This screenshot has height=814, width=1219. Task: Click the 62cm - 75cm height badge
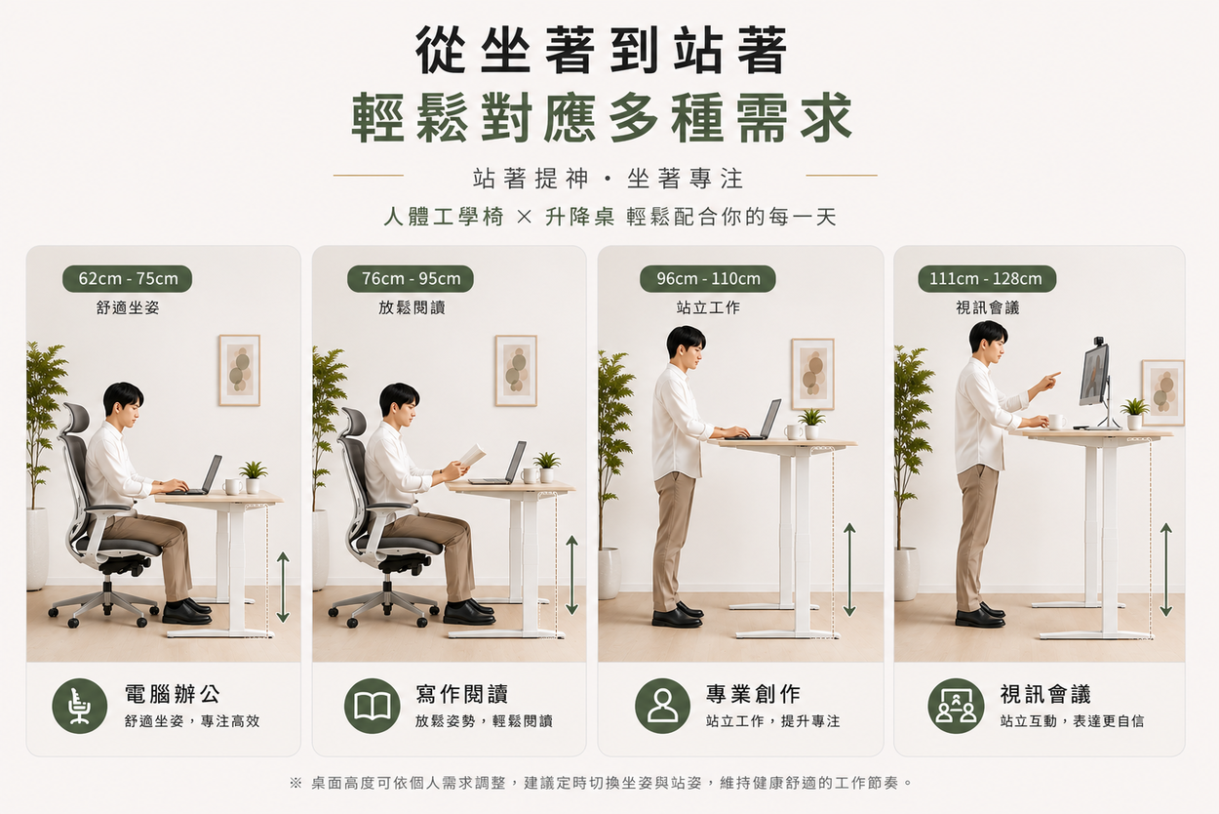click(x=128, y=279)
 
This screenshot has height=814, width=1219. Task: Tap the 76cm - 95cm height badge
click(x=411, y=279)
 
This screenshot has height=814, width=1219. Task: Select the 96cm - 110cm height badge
click(x=707, y=279)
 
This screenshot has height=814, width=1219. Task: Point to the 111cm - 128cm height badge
click(x=987, y=279)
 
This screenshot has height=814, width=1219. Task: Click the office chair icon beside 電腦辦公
click(x=79, y=706)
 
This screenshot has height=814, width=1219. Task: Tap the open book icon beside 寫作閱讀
click(x=373, y=706)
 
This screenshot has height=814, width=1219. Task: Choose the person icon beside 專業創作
click(x=662, y=706)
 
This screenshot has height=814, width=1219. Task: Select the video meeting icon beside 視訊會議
click(x=956, y=706)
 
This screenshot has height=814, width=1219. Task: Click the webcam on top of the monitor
click(x=1100, y=342)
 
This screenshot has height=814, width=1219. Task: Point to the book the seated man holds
click(x=472, y=455)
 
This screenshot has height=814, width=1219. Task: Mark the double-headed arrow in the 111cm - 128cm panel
click(x=1165, y=570)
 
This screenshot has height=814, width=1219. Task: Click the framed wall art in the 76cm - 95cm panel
click(x=516, y=370)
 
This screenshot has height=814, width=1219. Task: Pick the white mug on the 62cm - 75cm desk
click(x=232, y=486)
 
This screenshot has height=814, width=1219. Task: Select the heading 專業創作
click(x=753, y=694)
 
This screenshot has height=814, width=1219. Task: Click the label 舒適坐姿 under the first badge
click(x=128, y=307)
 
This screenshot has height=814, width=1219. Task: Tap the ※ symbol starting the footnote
click(x=295, y=783)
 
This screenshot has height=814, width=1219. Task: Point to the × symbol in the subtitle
click(x=524, y=218)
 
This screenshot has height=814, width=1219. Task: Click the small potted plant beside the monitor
click(x=1134, y=414)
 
